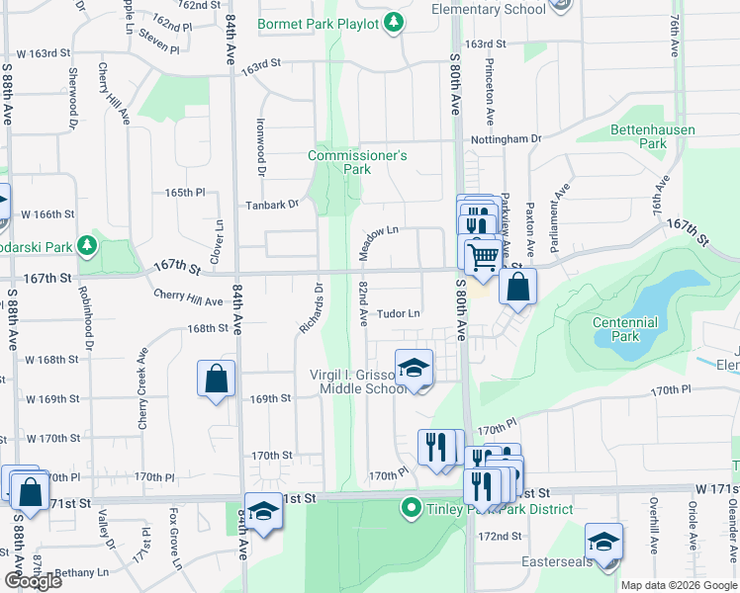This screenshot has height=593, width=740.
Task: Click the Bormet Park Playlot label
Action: coord(318,23)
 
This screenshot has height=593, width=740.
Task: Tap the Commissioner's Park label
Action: coord(357,162)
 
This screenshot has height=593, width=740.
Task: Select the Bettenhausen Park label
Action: coord(652,136)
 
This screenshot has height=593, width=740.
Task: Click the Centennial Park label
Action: coord(624,329)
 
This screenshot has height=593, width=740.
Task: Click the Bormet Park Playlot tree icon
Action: coord(394,22)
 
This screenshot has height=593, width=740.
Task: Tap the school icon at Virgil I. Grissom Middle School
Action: coord(414,370)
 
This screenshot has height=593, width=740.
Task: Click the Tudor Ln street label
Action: coord(399,313)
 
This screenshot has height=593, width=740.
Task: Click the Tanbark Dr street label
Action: coord(273,205)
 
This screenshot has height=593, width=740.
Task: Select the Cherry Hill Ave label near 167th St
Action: coord(188,298)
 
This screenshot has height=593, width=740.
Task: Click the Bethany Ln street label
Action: coord(81,572)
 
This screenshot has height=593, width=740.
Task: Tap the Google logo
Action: coord(32,580)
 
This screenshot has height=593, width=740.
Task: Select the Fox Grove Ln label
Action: coord(176,539)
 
